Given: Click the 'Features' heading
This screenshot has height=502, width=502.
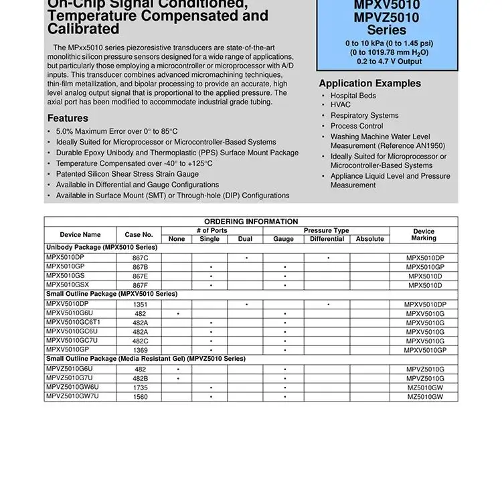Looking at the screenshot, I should click(x=68, y=118).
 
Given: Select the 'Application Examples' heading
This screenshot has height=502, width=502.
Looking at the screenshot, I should click(x=369, y=84).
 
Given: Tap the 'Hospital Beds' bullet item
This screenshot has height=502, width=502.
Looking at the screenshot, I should click(x=353, y=96).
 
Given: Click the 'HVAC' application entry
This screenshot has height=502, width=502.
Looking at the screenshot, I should click(x=341, y=105).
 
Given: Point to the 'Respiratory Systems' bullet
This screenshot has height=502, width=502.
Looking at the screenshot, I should click(x=364, y=116).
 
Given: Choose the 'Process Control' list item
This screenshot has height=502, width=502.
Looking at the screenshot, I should click(x=357, y=126).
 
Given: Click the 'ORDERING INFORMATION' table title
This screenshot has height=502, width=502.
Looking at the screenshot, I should click(x=251, y=222).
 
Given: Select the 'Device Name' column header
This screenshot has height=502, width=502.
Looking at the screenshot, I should click(x=80, y=235).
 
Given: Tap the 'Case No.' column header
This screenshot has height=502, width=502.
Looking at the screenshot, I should click(x=139, y=235).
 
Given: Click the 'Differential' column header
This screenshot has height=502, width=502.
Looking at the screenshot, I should click(x=327, y=239).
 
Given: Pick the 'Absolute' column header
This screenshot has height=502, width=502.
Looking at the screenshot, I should click(x=370, y=239).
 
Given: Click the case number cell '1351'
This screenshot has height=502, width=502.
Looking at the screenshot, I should click(x=141, y=305).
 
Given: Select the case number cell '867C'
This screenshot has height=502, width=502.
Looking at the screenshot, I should click(x=141, y=258).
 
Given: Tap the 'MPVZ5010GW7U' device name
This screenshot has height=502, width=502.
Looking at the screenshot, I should click(x=72, y=396).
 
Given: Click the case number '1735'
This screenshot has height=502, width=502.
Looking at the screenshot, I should click(x=141, y=388).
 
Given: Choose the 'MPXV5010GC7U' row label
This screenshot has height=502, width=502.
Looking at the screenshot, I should click(x=72, y=340).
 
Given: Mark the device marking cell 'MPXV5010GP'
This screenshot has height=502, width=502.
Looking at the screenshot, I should click(x=425, y=350).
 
